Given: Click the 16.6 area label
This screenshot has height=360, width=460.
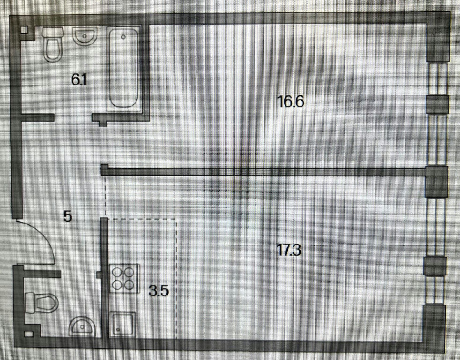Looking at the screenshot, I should click(291, 101).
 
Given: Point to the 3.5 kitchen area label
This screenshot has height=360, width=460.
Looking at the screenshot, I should click(158, 291).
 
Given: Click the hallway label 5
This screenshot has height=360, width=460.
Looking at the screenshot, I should click(68, 217).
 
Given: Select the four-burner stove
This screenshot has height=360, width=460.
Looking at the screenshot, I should click(125, 279).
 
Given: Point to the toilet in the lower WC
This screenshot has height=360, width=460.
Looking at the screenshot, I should click(42, 303).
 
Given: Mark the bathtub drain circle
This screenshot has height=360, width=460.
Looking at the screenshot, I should click(123, 36).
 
